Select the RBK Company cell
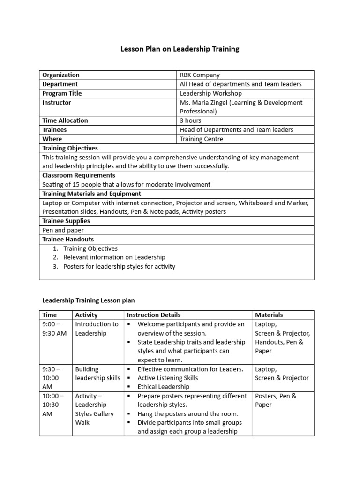(x=200, y=75)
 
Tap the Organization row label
(x=61, y=75)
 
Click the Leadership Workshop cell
(x=208, y=93)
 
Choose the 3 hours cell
(x=190, y=120)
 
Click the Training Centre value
(x=202, y=139)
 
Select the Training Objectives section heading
(x=70, y=148)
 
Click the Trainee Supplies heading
(x=66, y=221)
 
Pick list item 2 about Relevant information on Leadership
(x=114, y=257)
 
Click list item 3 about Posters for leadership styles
(x=119, y=266)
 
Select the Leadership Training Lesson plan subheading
(x=88, y=300)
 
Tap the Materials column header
(x=269, y=315)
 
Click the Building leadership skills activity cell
(x=97, y=374)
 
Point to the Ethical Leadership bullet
(x=163, y=387)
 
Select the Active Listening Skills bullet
(x=167, y=378)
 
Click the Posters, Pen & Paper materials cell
(x=276, y=400)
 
